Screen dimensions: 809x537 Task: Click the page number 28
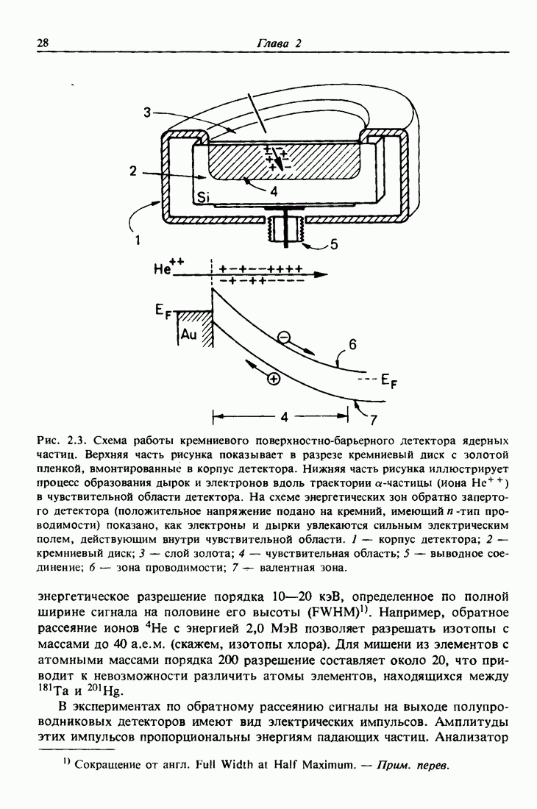click(43, 43)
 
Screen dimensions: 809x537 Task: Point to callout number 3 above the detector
click(148, 113)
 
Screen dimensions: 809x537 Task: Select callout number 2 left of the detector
click(132, 171)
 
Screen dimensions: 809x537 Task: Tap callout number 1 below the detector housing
click(138, 238)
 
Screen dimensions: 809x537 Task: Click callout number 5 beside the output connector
click(334, 245)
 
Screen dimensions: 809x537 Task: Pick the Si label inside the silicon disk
click(203, 197)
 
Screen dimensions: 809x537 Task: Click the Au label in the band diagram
click(189, 335)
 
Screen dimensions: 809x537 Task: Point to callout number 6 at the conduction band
click(352, 343)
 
